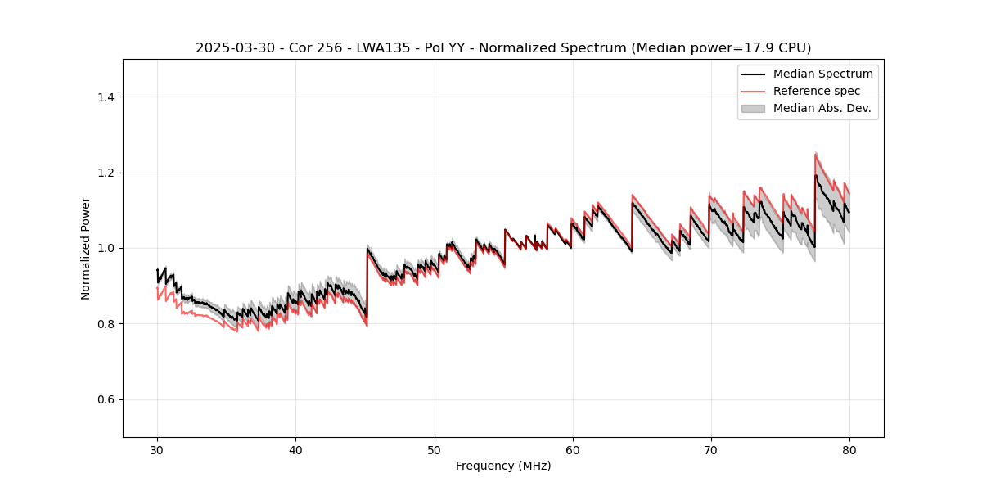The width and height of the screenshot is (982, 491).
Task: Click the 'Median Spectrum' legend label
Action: click(822, 74)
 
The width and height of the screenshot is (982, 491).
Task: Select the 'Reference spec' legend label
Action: click(817, 91)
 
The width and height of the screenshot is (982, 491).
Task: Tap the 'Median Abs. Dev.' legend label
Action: click(822, 108)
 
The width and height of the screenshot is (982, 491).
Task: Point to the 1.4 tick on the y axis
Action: click(105, 97)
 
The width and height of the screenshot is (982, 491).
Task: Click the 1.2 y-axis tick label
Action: click(105, 173)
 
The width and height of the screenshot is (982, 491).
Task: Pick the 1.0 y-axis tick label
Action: click(105, 248)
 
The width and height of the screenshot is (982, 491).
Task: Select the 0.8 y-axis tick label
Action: click(105, 324)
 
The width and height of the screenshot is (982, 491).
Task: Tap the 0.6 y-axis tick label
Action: click(105, 399)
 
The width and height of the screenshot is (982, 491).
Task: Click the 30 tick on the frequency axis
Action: click(157, 449)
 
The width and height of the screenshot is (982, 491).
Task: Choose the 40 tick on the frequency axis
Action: click(295, 449)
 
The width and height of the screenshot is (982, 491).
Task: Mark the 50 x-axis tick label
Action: click(434, 449)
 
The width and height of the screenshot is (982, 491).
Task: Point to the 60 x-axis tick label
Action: click(572, 449)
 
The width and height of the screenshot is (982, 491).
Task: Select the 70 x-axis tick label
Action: click(710, 449)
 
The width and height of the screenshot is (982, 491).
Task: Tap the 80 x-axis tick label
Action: click(849, 449)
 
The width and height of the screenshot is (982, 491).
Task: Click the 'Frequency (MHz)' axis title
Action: click(503, 466)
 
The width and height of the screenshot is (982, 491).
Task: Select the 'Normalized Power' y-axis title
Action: click(86, 248)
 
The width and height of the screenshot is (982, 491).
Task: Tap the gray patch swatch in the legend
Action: click(753, 108)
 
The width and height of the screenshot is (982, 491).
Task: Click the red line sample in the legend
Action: click(753, 91)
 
